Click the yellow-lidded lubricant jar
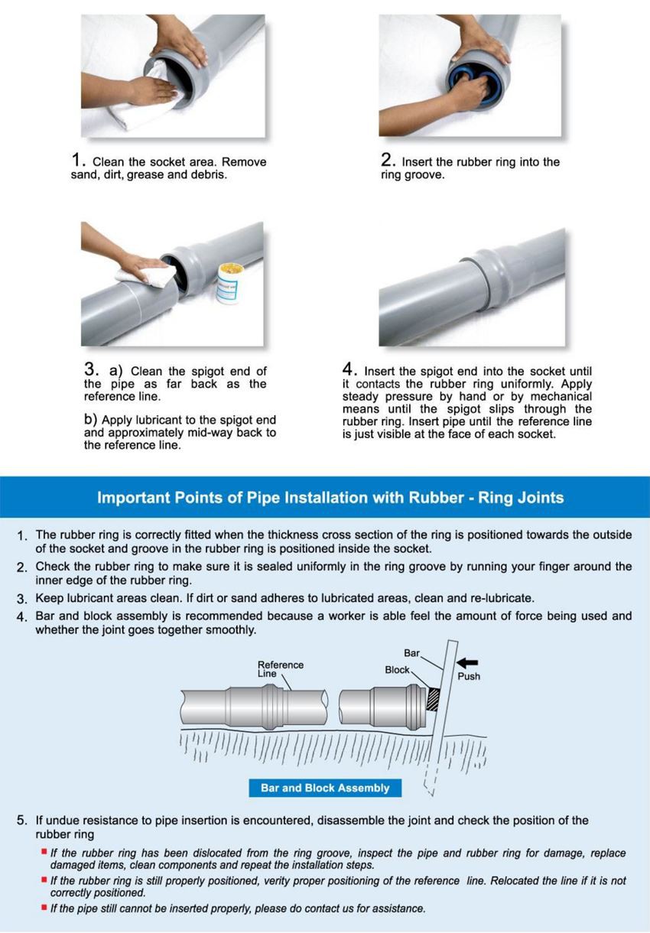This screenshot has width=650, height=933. (228, 283)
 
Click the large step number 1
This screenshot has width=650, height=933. (76, 159)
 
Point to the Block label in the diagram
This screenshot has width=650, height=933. (397, 670)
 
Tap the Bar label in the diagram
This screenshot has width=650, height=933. (412, 652)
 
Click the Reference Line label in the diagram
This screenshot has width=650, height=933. (280, 669)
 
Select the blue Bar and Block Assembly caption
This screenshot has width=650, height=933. (325, 788)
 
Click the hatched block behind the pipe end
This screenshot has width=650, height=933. (434, 700)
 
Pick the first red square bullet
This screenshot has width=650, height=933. (44, 851)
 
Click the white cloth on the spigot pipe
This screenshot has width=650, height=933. (146, 275)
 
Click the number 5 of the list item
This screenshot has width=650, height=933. (21, 821)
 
